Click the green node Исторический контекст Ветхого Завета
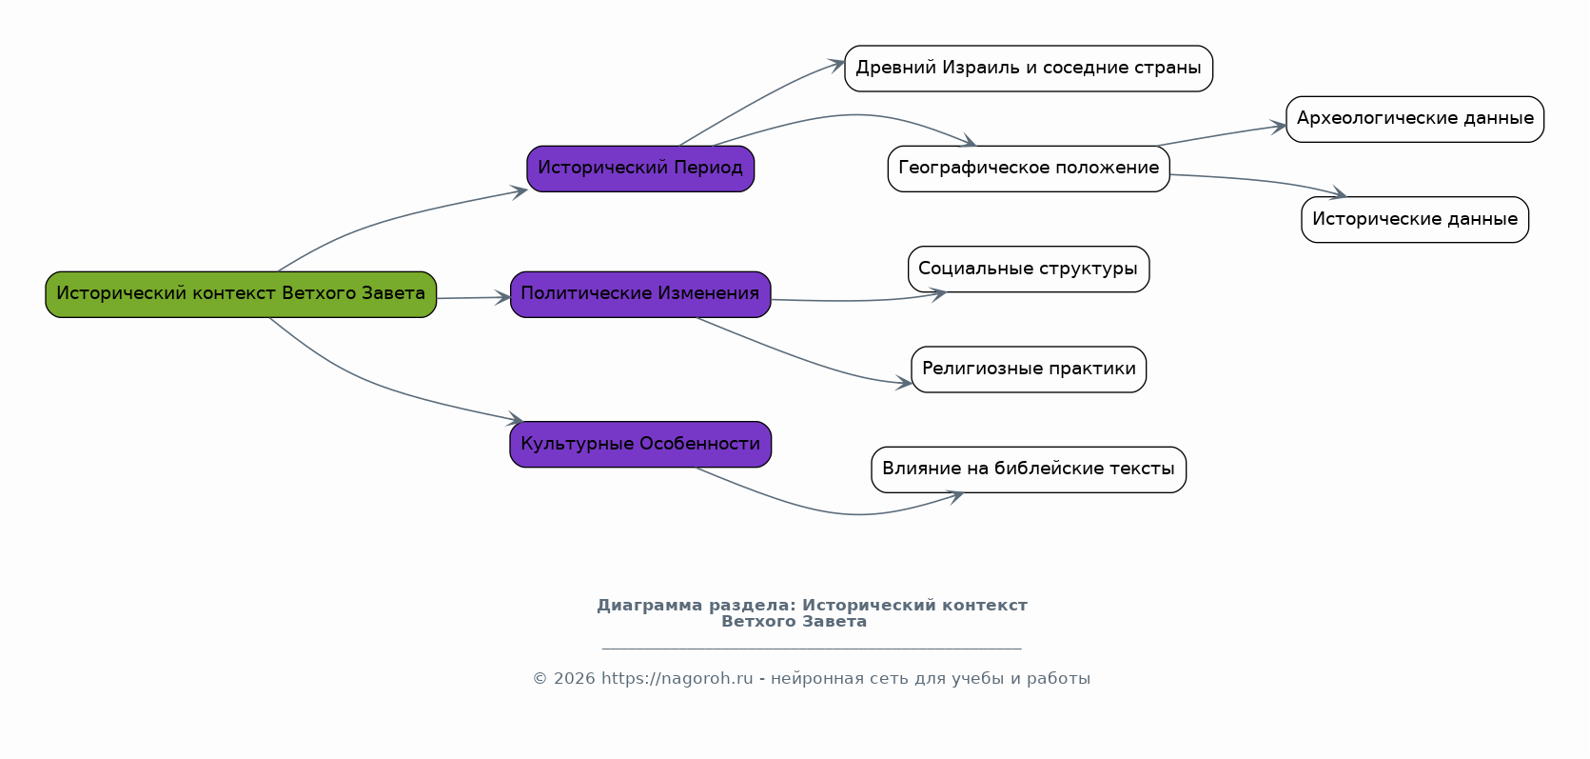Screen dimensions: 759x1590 click(x=241, y=294)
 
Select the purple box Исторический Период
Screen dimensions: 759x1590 click(x=640, y=169)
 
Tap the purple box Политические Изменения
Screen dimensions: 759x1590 click(x=640, y=294)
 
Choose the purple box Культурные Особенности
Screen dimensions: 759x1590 click(x=640, y=445)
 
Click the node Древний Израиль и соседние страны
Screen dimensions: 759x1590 click(x=1029, y=69)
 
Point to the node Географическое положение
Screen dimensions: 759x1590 click(x=1029, y=169)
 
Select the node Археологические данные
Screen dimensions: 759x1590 click(x=1415, y=119)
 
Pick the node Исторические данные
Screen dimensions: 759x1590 click(x=1415, y=220)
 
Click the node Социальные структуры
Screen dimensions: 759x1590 click(x=1029, y=270)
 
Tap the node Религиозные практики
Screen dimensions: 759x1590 click(x=1029, y=370)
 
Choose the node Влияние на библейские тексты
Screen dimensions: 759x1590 click(x=1029, y=469)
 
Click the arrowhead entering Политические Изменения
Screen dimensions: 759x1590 click(x=503, y=298)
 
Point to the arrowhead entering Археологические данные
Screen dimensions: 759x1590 click(x=1279, y=127)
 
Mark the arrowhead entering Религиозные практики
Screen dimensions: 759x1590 click(x=904, y=383)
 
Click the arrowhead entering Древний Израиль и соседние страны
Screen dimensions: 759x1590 click(x=837, y=65)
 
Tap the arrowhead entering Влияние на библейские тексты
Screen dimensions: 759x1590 click(x=956, y=495)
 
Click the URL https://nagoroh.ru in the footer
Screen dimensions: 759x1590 click(x=677, y=679)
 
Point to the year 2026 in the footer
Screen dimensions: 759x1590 click(x=574, y=679)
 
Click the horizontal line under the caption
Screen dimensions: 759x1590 click(x=812, y=649)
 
